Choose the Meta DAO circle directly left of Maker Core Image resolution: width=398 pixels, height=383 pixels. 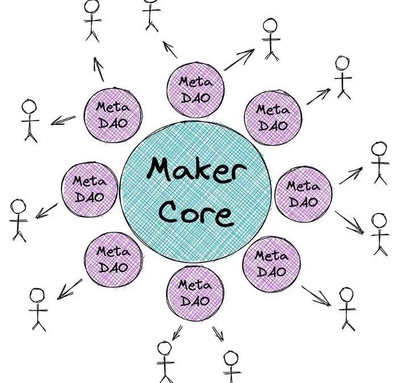[x=90, y=190]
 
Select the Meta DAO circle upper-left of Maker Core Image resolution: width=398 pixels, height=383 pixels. [x=112, y=115]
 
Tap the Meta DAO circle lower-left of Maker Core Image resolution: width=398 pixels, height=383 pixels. [x=113, y=259]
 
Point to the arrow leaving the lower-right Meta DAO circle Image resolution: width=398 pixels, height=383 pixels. [x=316, y=295]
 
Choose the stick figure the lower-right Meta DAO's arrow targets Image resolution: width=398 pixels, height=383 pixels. [x=346, y=307]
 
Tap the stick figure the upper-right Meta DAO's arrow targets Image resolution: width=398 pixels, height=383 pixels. [x=343, y=76]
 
